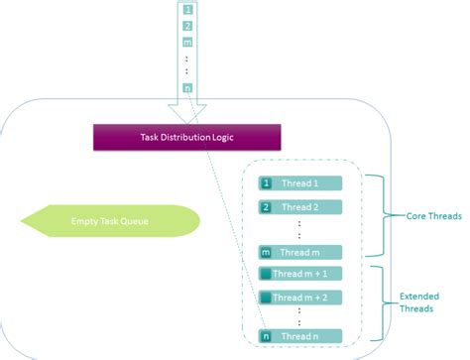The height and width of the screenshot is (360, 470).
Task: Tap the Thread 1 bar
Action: click(x=300, y=183)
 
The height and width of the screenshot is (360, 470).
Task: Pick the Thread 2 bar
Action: click(x=300, y=207)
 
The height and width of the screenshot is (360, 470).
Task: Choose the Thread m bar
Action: click(x=300, y=252)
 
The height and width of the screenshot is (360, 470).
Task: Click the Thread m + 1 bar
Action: click(x=300, y=274)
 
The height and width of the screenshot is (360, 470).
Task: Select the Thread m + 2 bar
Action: click(x=300, y=297)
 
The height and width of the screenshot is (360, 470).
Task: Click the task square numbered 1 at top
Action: click(x=187, y=9)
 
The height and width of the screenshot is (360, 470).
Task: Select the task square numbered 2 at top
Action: click(x=187, y=26)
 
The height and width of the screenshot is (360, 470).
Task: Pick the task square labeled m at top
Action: click(x=187, y=43)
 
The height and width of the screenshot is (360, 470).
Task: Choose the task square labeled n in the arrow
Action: click(x=187, y=90)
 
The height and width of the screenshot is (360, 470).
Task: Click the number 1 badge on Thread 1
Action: click(x=266, y=183)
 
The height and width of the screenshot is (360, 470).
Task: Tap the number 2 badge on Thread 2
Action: click(x=266, y=207)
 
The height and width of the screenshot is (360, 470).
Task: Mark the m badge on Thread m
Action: click(x=266, y=252)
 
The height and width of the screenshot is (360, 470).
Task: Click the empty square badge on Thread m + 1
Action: click(x=266, y=274)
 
